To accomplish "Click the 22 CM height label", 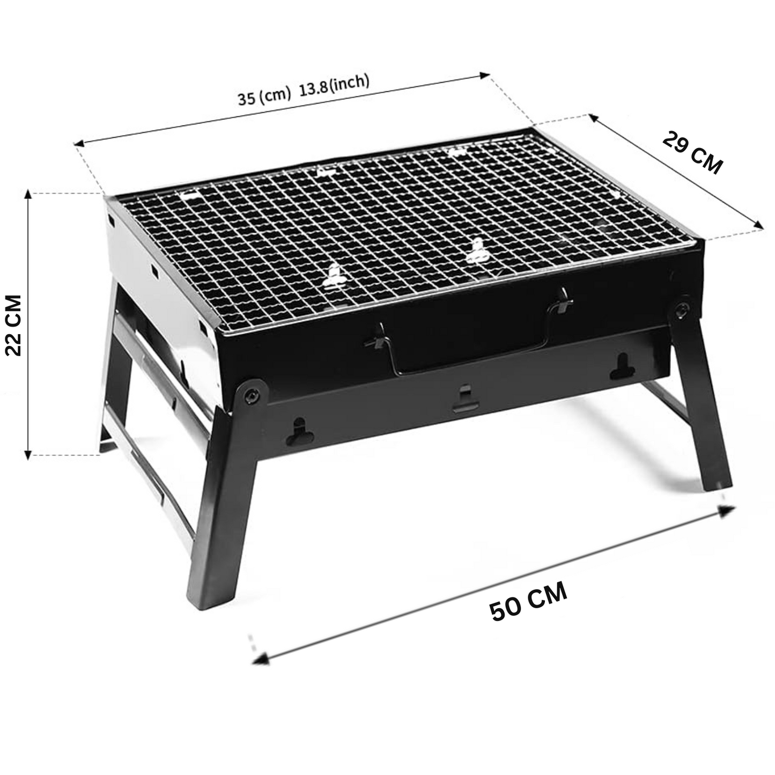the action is tap(13, 325).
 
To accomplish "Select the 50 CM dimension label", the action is tap(528, 601).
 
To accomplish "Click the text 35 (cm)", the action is tap(264, 97).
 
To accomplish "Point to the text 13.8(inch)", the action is tap(334, 84).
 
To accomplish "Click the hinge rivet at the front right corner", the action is tap(681, 309).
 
